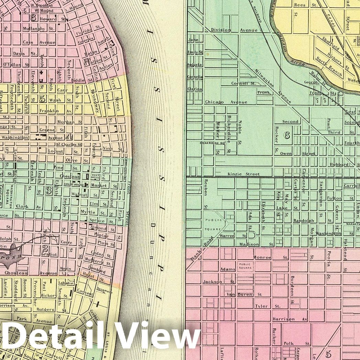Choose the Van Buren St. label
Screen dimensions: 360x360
244,295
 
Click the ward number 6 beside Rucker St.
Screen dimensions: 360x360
286,135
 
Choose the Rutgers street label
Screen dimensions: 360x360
45,309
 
